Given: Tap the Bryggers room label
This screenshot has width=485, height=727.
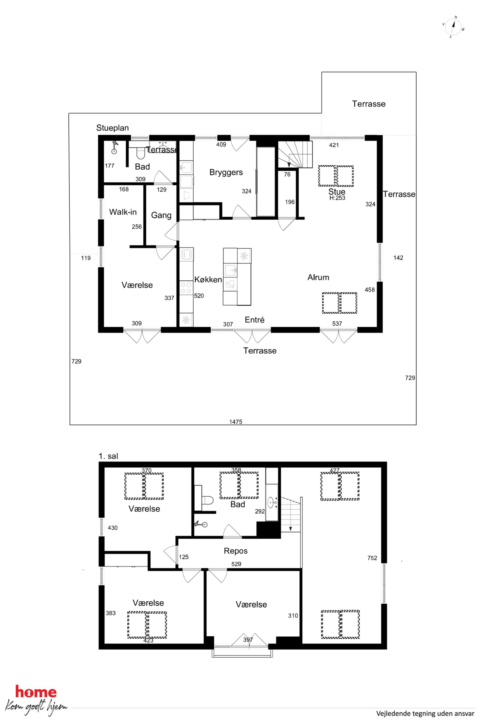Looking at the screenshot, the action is (226, 172).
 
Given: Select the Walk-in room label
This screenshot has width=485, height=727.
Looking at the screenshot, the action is (123, 212).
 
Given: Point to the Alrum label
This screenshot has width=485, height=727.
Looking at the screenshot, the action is (318, 277).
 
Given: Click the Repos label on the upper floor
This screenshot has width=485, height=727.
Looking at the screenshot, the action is (236, 551).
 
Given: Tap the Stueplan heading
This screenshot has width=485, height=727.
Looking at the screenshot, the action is (113, 128).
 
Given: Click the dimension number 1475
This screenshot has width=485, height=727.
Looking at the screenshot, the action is (236, 422).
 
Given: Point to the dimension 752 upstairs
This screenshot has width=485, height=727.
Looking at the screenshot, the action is (372, 558).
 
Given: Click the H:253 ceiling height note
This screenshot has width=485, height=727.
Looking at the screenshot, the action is (337, 198).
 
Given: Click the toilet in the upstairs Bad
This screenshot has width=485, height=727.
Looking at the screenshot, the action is (207, 500).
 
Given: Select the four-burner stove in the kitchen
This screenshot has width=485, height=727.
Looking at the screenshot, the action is (186, 288).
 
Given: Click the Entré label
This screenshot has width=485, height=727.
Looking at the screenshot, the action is (254, 320).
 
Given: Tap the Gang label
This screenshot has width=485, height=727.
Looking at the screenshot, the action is (161, 215).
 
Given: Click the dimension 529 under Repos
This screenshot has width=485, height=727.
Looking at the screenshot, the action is (236, 564).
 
